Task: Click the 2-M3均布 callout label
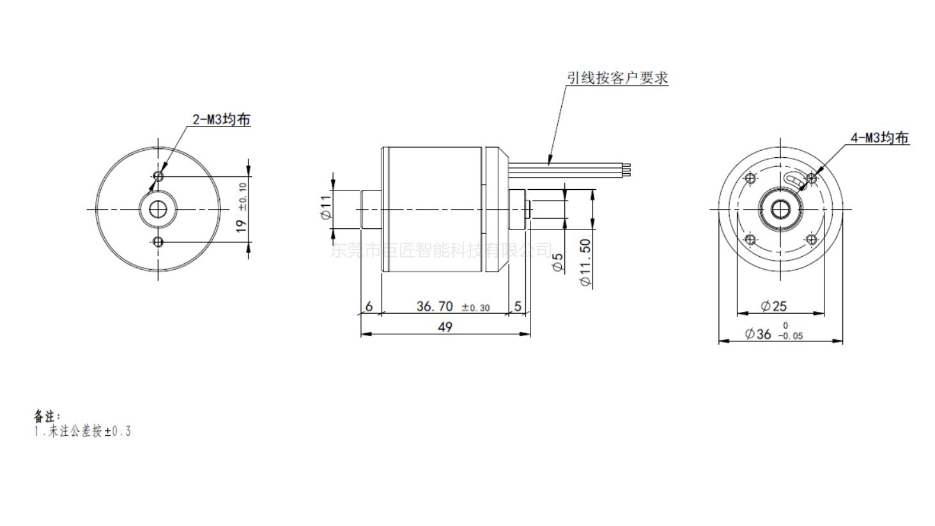coord(221,120)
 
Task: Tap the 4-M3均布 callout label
coord(879,138)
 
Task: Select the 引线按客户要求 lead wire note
coord(617,78)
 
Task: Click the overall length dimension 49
coord(445,327)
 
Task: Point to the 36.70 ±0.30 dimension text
coord(452,307)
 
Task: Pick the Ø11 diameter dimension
coord(326,208)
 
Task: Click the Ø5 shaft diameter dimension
coord(557,262)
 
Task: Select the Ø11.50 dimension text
coord(585,263)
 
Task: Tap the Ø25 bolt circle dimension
coord(774,306)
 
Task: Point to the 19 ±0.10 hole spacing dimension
coord(242,208)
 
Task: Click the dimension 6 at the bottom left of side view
coord(369,307)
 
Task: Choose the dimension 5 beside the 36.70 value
coord(518,307)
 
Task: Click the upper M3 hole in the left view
coord(158,176)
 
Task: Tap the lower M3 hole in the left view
coord(158,241)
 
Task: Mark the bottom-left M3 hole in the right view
coord(750,240)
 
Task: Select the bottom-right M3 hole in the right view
coord(811,240)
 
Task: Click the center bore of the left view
coord(158,209)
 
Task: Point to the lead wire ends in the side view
coord(626,170)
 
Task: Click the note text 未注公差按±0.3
coord(82,431)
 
